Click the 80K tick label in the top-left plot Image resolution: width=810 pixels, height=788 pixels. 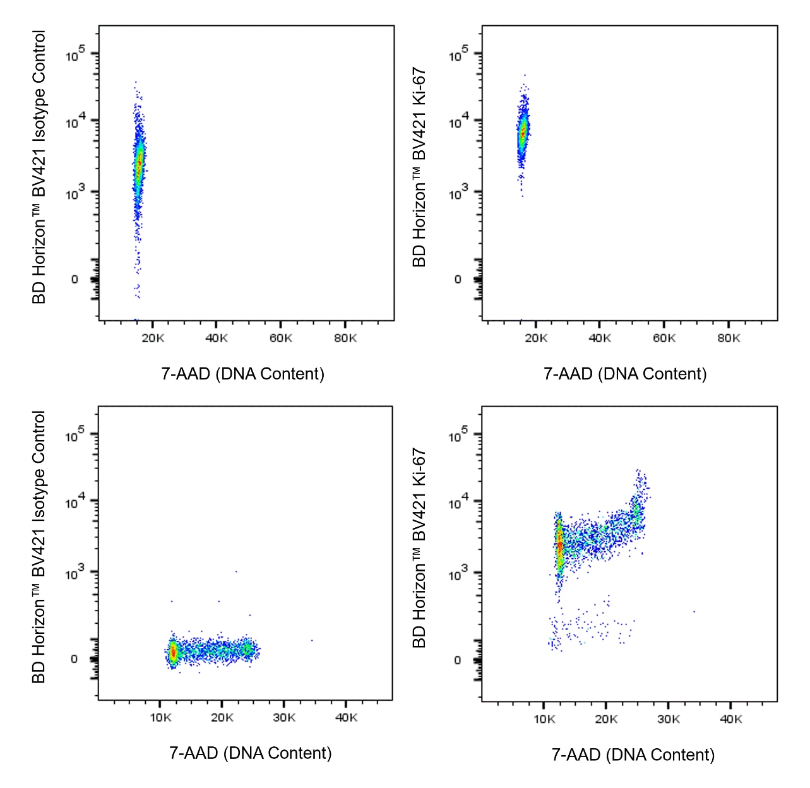(x=345, y=338)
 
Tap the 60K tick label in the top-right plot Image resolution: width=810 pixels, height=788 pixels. (x=664, y=338)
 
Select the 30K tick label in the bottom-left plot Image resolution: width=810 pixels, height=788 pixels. (x=284, y=718)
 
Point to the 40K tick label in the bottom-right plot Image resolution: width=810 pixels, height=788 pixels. (x=731, y=719)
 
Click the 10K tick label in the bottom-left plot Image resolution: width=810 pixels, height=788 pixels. (x=160, y=718)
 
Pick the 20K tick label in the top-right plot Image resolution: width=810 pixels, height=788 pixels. (x=536, y=338)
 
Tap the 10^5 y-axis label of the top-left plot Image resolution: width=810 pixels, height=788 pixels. (x=75, y=55)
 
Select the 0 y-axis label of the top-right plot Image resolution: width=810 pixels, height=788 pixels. (x=458, y=279)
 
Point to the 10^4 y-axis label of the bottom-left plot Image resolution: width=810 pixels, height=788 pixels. (x=75, y=502)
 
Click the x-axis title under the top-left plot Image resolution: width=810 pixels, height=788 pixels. (x=243, y=374)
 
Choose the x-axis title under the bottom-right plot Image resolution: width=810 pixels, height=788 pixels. (x=633, y=755)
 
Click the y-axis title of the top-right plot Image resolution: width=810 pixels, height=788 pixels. (x=420, y=167)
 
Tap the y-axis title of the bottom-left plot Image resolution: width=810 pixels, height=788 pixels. (x=39, y=547)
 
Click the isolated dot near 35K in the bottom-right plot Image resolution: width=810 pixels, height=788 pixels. (x=694, y=611)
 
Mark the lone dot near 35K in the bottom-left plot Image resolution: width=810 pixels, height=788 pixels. (x=311, y=640)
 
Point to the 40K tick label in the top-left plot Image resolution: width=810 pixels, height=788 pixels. (x=217, y=338)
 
